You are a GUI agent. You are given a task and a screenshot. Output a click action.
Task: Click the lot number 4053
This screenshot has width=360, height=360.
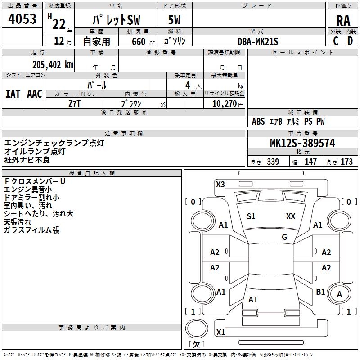[x=22, y=19]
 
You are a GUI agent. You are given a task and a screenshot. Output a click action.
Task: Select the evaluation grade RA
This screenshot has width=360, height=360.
[x=343, y=21]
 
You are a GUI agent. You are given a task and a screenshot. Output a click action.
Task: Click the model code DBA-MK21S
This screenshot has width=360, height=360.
[x=258, y=41]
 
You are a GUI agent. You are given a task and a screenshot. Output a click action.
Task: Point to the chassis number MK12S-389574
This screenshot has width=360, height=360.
[x=302, y=144]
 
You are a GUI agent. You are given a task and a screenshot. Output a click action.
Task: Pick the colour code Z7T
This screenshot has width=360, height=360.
[x=75, y=103]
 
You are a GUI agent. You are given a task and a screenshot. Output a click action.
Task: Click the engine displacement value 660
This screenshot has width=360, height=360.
[x=138, y=42]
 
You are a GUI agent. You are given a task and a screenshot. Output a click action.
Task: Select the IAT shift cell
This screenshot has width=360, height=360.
[x=13, y=94]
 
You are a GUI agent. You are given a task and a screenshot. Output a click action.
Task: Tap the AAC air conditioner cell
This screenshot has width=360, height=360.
[x=35, y=94]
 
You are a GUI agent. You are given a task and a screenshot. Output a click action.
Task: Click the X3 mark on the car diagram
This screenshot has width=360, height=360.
[x=220, y=184]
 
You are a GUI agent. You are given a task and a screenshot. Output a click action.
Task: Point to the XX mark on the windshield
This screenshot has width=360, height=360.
[x=291, y=216]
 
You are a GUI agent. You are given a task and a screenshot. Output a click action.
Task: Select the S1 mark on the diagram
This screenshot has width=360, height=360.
[x=251, y=216]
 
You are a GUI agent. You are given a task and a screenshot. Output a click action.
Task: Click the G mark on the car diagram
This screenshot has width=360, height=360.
[x=284, y=237]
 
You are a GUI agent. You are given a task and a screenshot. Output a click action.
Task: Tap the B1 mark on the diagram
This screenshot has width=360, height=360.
[x=320, y=292]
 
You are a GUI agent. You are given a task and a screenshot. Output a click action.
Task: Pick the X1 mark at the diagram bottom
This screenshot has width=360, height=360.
[x=220, y=333]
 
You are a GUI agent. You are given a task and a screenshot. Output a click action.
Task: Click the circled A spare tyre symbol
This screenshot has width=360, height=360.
[x=340, y=294]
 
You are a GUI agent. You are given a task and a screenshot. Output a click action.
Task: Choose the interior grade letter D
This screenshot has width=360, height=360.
[x=350, y=41]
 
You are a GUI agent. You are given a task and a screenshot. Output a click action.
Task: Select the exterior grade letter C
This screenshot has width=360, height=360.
[x=336, y=41]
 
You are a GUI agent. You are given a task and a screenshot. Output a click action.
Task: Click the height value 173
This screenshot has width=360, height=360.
[x=346, y=162]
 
